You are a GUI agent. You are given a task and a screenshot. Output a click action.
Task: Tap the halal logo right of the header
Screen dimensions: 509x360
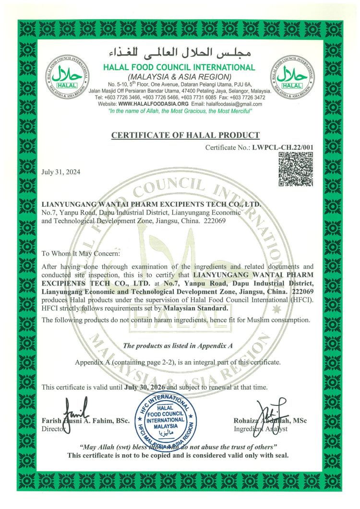click(292, 77)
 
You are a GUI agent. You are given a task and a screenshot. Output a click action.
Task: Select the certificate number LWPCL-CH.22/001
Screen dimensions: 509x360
click(282, 147)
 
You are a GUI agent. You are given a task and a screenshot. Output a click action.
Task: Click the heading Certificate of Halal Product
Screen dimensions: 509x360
click(185, 135)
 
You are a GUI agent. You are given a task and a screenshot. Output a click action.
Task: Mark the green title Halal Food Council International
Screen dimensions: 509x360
click(179, 67)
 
